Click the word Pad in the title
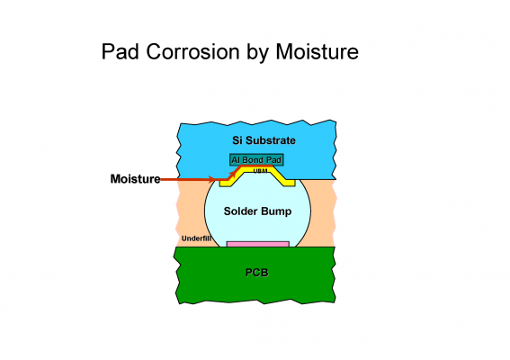pyautogui.click(x=121, y=51)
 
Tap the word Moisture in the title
pyautogui.click(x=318, y=51)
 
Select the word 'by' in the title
pyautogui.click(x=257, y=53)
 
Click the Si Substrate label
pyautogui.click(x=264, y=140)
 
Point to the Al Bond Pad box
pyautogui.click(x=256, y=160)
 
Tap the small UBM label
pyautogui.click(x=260, y=171)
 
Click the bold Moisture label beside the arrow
pyautogui.click(x=135, y=179)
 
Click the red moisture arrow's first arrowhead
pyautogui.click(x=211, y=179)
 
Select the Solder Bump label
pyautogui.click(x=257, y=211)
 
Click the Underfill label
pyautogui.click(x=196, y=238)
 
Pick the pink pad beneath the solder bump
pyautogui.click(x=258, y=244)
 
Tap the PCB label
pyautogui.click(x=257, y=273)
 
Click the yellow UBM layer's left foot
pyautogui.click(x=225, y=183)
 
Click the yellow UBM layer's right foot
pyautogui.click(x=289, y=183)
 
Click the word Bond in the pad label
pyautogui.click(x=253, y=160)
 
